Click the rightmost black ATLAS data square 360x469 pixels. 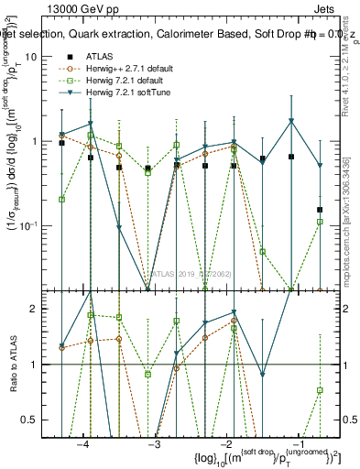(320, 210)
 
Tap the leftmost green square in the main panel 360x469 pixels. (61, 199)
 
